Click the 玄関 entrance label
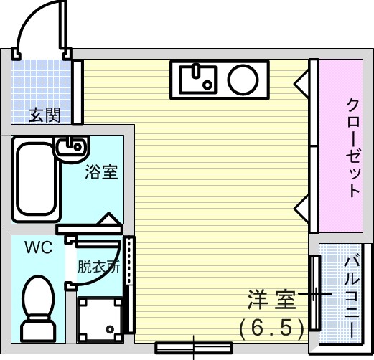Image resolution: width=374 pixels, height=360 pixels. click(45, 115)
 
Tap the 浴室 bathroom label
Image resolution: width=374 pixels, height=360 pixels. click(101, 171)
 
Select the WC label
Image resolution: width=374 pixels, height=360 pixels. click(39, 247)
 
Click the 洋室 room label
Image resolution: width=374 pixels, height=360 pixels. click(271, 300)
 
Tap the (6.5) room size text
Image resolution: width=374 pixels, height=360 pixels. click(271, 328)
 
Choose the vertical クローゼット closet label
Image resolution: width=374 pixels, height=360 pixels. click(353, 148)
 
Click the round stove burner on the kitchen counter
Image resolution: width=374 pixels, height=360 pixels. click(243, 79)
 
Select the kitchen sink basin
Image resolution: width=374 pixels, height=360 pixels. click(198, 79)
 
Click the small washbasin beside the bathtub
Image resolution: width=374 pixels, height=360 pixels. click(73, 148)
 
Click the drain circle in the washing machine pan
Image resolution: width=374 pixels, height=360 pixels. click(110, 329)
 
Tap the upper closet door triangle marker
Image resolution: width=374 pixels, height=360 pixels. click(302, 84)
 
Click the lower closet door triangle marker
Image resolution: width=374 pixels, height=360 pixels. click(302, 210)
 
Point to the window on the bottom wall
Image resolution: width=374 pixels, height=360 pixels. click(194, 348)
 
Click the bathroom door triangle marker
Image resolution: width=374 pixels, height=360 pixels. click(109, 219)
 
